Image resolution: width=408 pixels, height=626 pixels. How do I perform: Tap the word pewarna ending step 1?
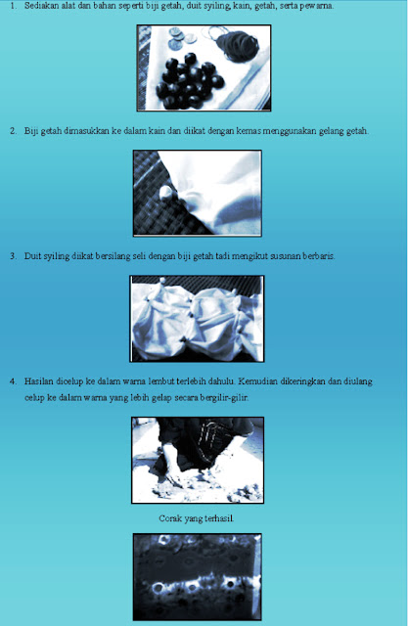pos(318,6)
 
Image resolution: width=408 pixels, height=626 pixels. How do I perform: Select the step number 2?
pos(13,131)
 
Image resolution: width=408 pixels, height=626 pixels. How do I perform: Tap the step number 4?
pos(13,381)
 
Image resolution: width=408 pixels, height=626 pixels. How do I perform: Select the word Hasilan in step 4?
pos(38,381)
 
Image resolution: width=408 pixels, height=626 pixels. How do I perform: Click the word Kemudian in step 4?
pos(257,381)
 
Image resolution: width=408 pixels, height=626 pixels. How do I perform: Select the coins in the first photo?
pos(182,38)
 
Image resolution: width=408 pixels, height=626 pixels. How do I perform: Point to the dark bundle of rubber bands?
pos(238,45)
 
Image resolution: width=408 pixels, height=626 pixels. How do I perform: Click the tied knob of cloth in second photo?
pos(166,193)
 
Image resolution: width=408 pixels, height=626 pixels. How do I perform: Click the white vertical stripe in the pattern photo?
pos(256,576)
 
